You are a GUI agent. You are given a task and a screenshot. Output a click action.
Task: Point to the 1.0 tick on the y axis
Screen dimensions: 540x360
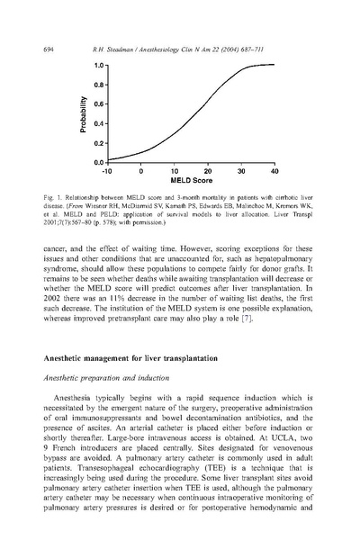point(100,66)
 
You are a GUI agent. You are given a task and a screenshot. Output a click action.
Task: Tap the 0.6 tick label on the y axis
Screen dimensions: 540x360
point(100,104)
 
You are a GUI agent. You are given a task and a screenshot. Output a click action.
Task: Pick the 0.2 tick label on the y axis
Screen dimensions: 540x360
point(100,143)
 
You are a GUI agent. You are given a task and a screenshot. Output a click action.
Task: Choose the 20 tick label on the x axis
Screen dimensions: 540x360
point(208,170)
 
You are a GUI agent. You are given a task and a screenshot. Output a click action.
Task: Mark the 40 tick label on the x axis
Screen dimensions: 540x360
point(274,170)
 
